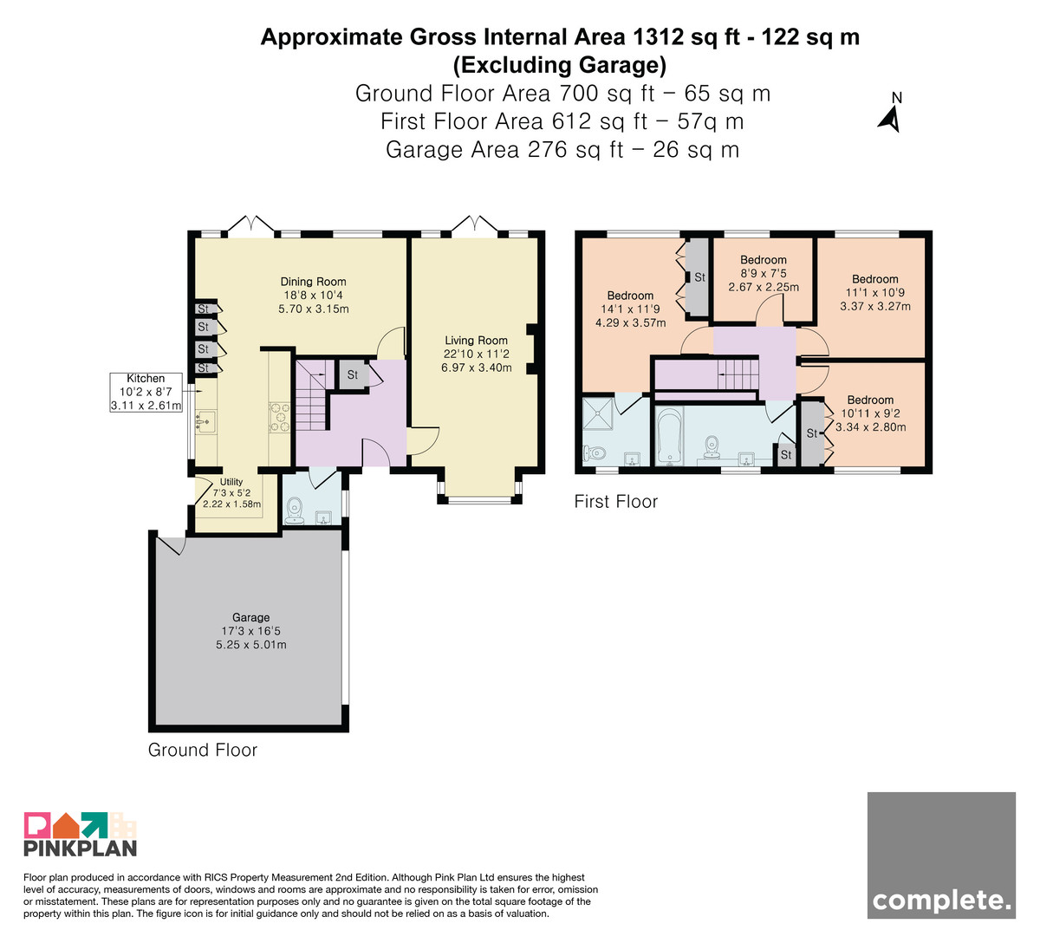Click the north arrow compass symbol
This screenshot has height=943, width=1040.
click(x=891, y=113)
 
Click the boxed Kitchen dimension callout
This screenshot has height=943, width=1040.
click(x=146, y=392)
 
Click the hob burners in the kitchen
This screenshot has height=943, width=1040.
click(x=279, y=417)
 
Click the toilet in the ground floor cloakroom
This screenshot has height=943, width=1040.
click(x=295, y=511)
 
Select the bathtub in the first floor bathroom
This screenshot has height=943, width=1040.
click(x=669, y=437)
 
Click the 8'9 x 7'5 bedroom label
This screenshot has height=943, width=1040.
click(x=764, y=273)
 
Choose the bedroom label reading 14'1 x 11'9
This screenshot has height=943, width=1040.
click(x=630, y=309)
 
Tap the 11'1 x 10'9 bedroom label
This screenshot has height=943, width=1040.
click(x=875, y=293)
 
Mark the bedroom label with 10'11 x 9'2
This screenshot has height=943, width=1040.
click(x=870, y=413)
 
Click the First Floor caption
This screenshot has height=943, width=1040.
click(x=616, y=502)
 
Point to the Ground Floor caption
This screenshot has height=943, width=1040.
click(x=203, y=750)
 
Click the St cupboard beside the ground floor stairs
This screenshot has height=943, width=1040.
click(x=353, y=374)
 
